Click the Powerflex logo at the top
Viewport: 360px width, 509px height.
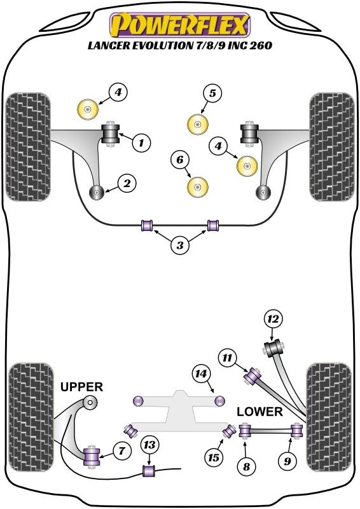(x=180, y=25)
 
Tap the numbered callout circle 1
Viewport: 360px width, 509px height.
(x=141, y=143)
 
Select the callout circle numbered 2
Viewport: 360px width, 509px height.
(x=127, y=185)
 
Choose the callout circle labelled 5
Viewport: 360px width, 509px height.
(x=212, y=94)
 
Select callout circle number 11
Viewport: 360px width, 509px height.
(x=228, y=358)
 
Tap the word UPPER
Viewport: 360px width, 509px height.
(x=81, y=387)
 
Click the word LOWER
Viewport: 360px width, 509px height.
(x=260, y=412)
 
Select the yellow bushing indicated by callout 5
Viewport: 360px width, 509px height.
(x=199, y=123)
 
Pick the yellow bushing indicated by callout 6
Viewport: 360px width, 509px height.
(x=199, y=186)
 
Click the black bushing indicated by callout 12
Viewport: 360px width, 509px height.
(x=276, y=349)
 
